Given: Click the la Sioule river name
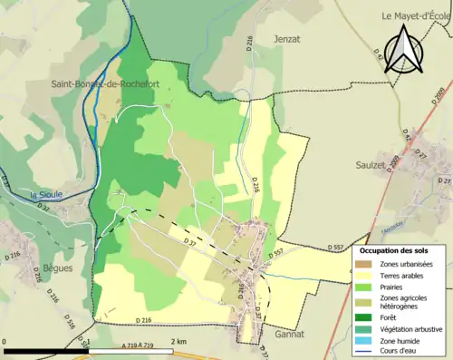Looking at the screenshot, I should pos(45,193).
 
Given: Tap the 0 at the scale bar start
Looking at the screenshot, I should pos(5,341).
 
